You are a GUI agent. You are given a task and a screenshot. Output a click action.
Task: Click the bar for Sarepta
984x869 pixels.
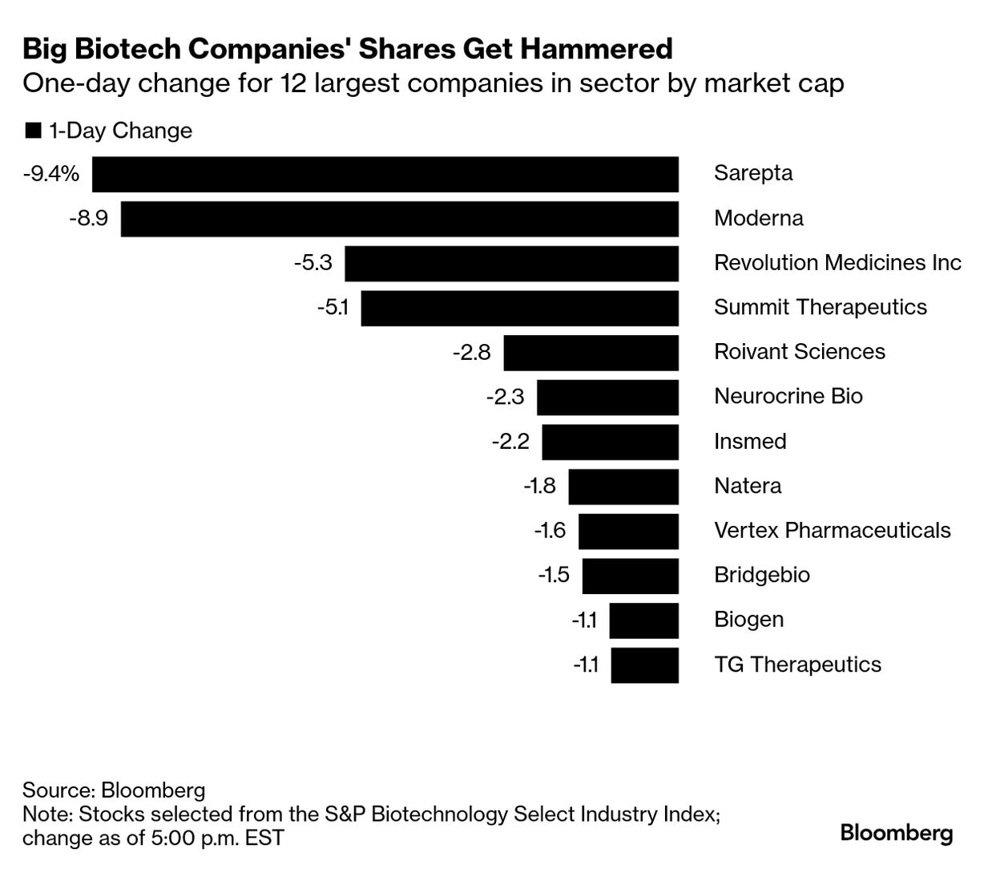click(x=385, y=174)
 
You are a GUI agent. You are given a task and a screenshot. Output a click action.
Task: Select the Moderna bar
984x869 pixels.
click(x=399, y=219)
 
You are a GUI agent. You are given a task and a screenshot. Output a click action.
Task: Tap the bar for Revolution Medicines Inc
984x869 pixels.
click(x=511, y=264)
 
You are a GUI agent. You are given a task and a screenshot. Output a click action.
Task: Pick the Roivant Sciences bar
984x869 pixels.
click(x=591, y=353)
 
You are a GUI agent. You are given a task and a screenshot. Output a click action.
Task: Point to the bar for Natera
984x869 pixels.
click(x=623, y=487)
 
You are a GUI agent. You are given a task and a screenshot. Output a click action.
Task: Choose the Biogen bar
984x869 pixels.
click(x=643, y=620)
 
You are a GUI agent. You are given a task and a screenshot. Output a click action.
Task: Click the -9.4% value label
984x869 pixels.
click(x=50, y=173)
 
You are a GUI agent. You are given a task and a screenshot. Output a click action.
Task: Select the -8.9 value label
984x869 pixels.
click(x=88, y=218)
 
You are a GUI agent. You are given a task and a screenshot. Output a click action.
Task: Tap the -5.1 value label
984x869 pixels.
click(x=333, y=308)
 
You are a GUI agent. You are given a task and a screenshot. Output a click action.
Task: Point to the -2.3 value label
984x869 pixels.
click(x=505, y=397)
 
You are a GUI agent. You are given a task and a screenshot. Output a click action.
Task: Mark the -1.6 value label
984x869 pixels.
click(x=550, y=531)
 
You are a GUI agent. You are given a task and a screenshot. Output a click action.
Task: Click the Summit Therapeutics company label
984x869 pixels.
click(x=820, y=308)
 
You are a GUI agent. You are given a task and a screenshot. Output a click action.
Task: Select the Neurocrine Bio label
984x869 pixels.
click(x=788, y=397)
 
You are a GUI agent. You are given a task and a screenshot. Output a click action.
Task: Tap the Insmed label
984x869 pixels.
click(x=750, y=442)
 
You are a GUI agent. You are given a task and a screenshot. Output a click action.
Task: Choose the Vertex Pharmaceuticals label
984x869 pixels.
click(x=832, y=531)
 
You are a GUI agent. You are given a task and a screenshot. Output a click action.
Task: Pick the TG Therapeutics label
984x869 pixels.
click(x=797, y=665)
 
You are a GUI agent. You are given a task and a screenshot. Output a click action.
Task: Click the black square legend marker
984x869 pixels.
click(x=33, y=131)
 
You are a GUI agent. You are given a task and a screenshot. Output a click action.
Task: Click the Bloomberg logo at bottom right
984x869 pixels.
click(x=896, y=834)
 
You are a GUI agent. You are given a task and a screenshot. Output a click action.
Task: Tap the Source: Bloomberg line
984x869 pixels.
click(x=114, y=790)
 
